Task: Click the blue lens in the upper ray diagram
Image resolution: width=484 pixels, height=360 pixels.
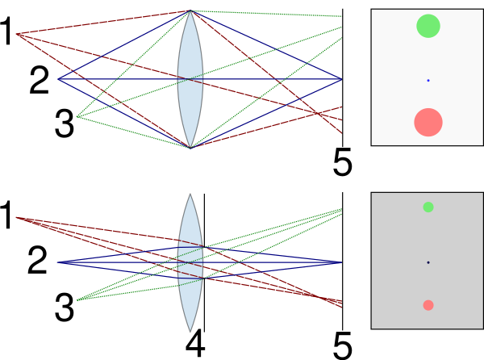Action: pos(190,79)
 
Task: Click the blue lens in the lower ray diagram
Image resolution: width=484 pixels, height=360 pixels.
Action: pos(190,262)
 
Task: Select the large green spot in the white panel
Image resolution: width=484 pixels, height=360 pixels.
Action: pos(428,26)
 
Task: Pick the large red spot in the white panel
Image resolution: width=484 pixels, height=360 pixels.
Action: pos(428,122)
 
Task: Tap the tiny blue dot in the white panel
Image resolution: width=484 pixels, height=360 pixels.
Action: pos(428,80)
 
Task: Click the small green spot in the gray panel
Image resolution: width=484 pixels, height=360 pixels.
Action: pos(428,207)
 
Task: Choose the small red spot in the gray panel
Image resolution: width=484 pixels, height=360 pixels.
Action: pos(428,305)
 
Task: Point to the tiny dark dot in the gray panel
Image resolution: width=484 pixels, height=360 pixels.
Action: pos(428,262)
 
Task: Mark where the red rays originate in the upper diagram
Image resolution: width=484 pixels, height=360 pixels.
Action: pos(17,34)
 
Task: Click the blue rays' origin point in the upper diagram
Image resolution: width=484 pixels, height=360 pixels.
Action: pos(58,79)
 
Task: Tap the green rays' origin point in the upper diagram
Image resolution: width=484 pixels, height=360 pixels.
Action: pos(77,117)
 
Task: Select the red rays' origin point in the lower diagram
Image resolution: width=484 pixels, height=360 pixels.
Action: pos(17,217)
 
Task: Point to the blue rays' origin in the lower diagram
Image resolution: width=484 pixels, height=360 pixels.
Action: pos(58,262)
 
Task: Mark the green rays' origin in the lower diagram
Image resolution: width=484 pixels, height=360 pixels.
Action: pos(77,300)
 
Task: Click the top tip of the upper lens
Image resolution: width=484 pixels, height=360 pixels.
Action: pos(190,11)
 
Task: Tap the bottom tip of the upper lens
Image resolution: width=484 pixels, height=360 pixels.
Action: pos(190,148)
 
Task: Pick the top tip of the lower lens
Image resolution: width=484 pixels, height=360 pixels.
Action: pos(190,196)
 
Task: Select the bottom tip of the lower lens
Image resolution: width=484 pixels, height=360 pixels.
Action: pos(190,329)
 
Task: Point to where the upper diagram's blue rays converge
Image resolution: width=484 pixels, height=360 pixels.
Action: pos(342,79)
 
